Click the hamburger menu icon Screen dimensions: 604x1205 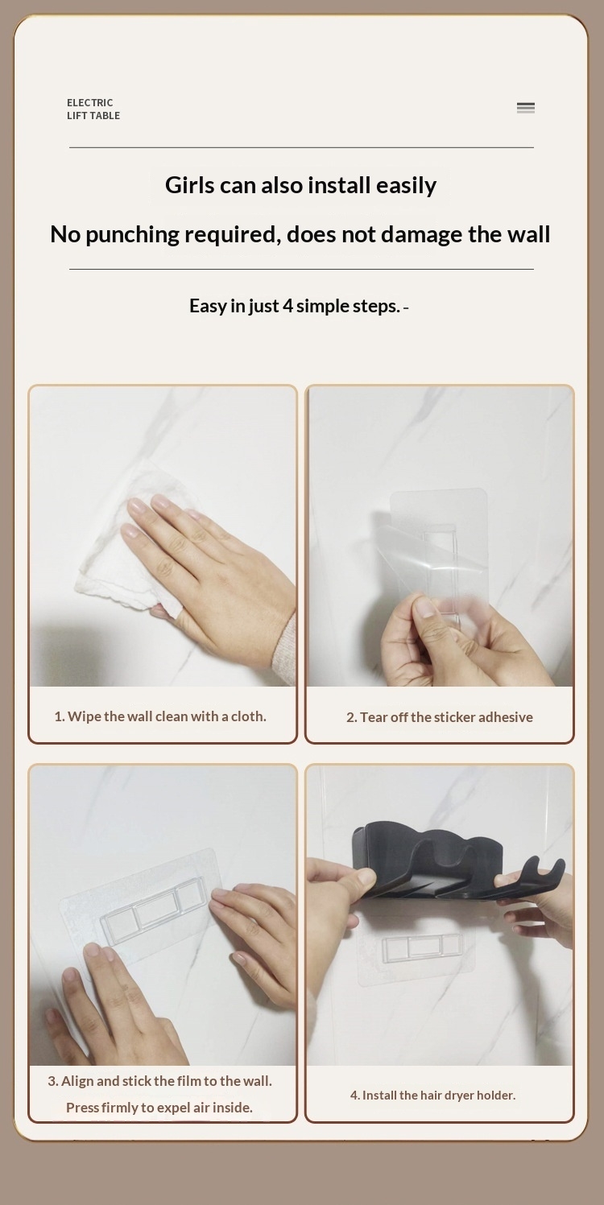click(x=525, y=108)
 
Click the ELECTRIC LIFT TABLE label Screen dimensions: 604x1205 click(x=93, y=109)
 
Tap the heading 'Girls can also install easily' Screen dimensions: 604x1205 click(x=300, y=185)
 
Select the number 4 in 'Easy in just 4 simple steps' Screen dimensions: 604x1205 click(x=288, y=306)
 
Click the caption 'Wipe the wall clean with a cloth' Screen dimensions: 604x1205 click(x=160, y=716)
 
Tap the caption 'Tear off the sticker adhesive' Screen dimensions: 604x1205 click(x=439, y=717)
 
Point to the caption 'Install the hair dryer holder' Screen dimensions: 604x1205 click(x=432, y=1095)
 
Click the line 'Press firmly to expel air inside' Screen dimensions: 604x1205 click(x=159, y=1108)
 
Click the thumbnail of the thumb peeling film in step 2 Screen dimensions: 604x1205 click(x=426, y=609)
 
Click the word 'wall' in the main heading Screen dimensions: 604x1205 click(x=528, y=234)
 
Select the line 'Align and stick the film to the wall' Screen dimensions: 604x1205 click(x=160, y=1081)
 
